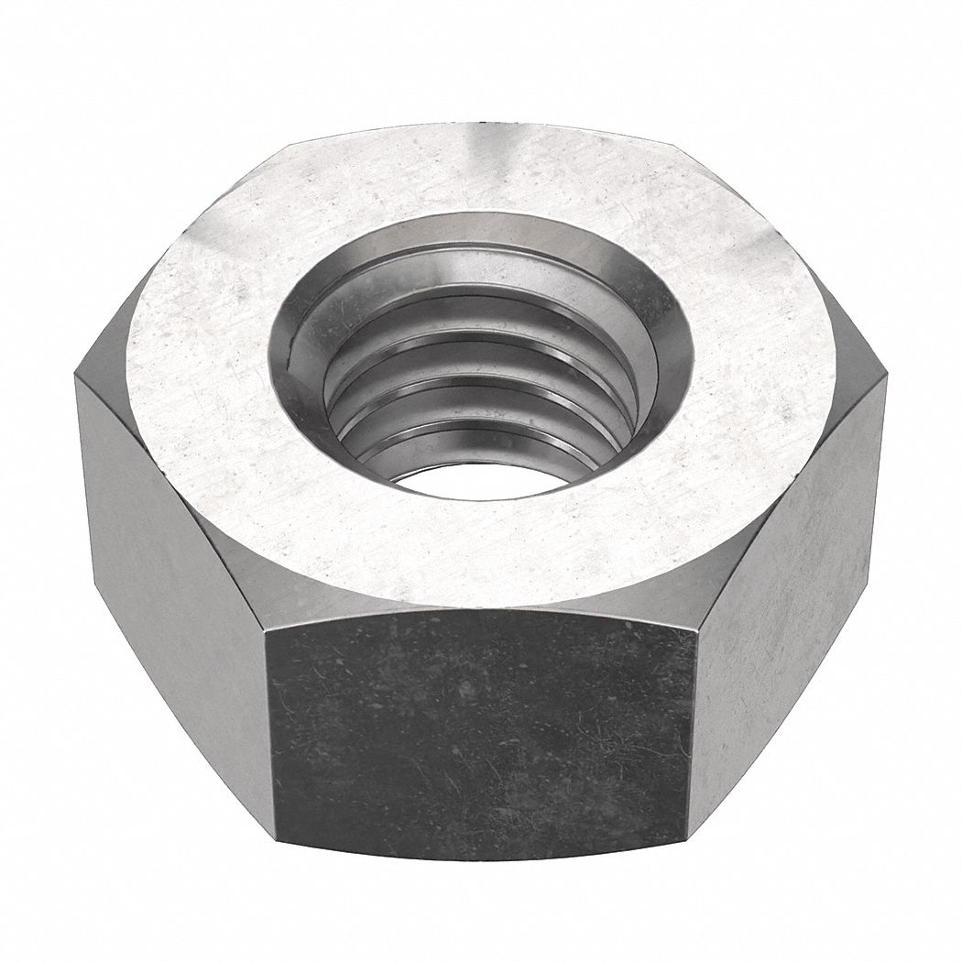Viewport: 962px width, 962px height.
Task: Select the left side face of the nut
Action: point(174,568)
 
